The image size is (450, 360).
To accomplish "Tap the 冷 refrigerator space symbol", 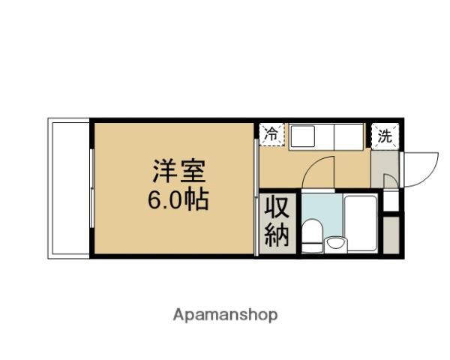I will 271,135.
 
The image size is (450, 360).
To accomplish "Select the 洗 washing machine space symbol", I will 385,136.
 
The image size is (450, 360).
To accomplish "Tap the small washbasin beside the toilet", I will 335,242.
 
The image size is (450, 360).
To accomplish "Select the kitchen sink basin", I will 305,137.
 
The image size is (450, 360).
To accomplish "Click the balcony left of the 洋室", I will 69,187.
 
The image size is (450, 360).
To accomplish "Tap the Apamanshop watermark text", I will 226,314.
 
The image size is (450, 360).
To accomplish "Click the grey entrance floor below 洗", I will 384,161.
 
